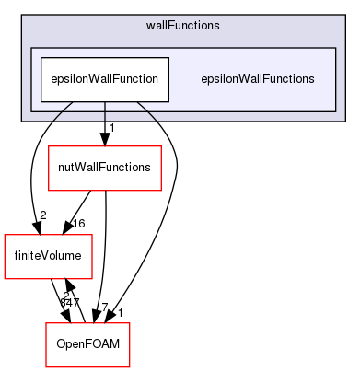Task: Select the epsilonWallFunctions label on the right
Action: (258, 79)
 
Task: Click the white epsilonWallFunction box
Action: (103, 79)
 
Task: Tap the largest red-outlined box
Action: (104, 168)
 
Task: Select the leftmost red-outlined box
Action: (48, 256)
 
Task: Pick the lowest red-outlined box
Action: (88, 344)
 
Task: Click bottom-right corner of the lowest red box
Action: (130, 366)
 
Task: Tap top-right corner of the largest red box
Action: (161, 146)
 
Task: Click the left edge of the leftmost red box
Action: (5, 256)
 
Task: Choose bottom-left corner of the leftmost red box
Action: (5, 278)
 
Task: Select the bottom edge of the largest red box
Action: (104, 190)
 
